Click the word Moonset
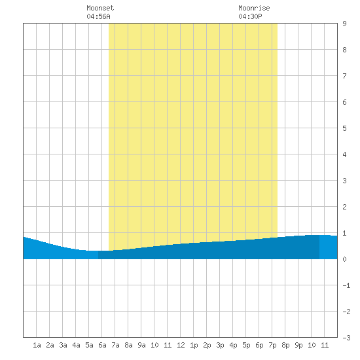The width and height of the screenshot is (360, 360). (100, 8)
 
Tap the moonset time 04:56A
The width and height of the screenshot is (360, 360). (98, 16)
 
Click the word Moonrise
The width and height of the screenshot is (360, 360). (254, 8)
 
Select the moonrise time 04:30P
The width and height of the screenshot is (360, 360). (250, 16)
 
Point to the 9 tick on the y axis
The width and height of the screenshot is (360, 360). (344, 24)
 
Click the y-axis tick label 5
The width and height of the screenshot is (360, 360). (344, 128)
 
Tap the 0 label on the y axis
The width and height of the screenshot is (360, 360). (344, 259)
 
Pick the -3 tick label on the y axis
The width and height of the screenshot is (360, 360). (346, 338)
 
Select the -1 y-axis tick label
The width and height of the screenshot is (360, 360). (346, 285)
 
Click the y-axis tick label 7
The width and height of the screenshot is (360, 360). (344, 76)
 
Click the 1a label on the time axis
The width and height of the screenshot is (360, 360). (37, 345)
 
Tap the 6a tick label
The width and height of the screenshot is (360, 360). (102, 345)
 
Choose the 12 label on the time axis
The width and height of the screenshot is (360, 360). (181, 345)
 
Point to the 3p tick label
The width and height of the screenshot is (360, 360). (220, 345)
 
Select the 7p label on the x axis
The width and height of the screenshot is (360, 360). (272, 345)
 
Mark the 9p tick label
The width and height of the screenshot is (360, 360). (298, 345)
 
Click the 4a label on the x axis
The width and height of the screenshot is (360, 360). (76, 345)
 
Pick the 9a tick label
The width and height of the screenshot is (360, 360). (141, 345)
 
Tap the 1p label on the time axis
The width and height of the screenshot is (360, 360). (194, 345)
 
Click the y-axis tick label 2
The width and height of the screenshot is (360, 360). (344, 207)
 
